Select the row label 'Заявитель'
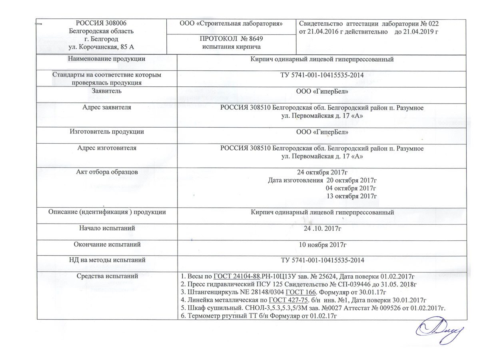106,91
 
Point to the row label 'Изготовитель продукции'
106,132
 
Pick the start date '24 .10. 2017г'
322,228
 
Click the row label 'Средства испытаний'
106,276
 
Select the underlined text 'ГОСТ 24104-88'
237,276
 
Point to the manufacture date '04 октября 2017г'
352,188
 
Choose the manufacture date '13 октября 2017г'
352,196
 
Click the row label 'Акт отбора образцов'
106,172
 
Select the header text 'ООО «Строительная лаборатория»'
232,24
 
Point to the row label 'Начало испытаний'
106,228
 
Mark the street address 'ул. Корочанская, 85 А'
101,47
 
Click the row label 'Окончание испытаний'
106,244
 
